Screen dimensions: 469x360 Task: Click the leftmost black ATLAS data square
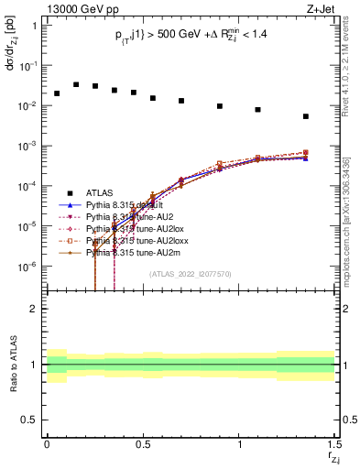coord(57,93)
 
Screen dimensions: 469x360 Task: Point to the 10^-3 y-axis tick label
coord(30,147)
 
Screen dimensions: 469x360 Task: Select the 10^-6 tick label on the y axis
coord(30,267)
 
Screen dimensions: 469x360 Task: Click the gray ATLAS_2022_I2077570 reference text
coord(190,274)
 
